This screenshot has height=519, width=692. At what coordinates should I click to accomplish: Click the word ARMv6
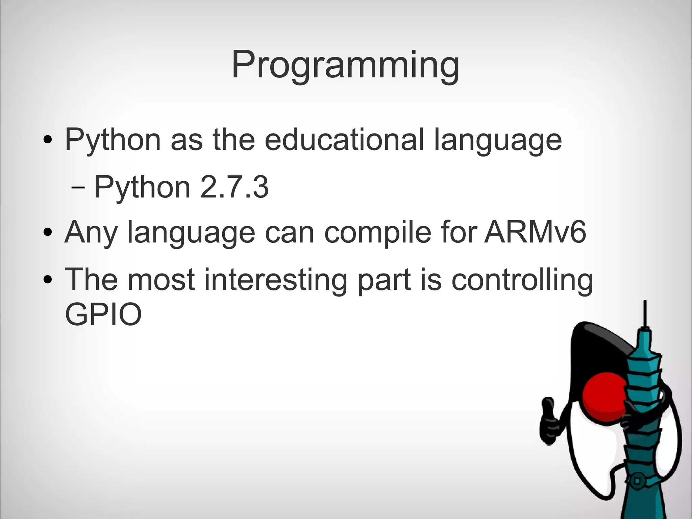tap(535, 232)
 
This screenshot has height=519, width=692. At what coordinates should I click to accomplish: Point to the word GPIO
tap(103, 314)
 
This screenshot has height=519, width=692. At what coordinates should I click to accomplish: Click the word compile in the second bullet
tap(377, 232)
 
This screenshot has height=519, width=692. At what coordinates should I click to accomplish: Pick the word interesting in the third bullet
tap(275, 280)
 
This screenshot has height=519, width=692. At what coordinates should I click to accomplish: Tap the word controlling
tap(522, 280)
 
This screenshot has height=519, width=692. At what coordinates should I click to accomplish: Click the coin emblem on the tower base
tap(637, 480)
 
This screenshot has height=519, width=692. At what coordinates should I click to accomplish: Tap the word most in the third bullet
tap(161, 280)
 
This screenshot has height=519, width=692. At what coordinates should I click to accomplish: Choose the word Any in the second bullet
tap(91, 232)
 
